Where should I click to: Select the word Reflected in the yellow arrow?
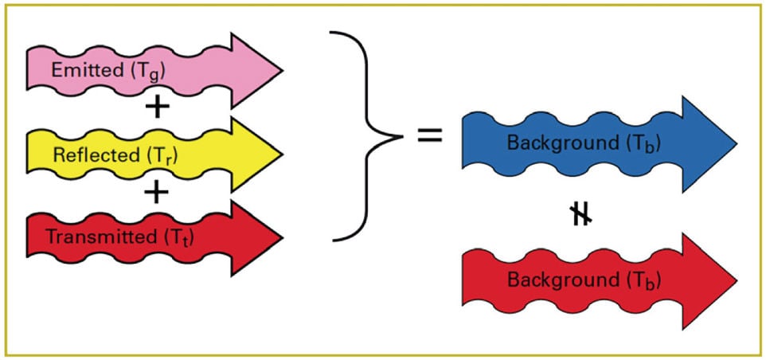[87, 154]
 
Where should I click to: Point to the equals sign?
[430, 135]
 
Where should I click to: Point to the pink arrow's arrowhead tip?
[281, 70]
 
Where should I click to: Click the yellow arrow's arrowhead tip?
[281, 154]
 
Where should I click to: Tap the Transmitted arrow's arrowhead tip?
[281, 237]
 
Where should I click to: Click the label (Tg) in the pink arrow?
[144, 71]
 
